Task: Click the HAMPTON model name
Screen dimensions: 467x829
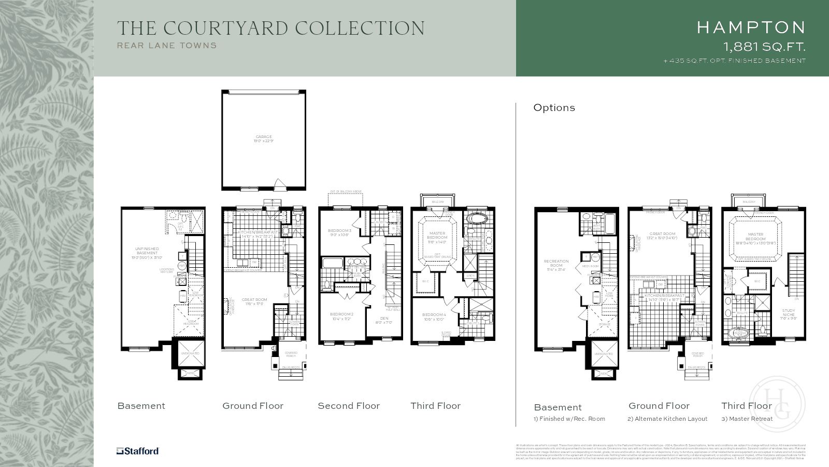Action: tap(751, 28)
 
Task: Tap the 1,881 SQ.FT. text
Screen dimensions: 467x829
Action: tap(764, 47)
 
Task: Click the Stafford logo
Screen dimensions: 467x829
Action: tap(137, 451)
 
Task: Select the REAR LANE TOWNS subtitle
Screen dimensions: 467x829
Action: tap(167, 45)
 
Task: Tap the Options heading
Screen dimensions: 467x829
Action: tap(554, 107)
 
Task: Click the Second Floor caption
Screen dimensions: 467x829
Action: tap(349, 406)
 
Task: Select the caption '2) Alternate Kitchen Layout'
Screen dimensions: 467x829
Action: tap(667, 419)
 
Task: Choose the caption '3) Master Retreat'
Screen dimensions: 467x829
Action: tap(747, 419)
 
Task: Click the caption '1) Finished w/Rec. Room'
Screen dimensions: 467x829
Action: tap(569, 419)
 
